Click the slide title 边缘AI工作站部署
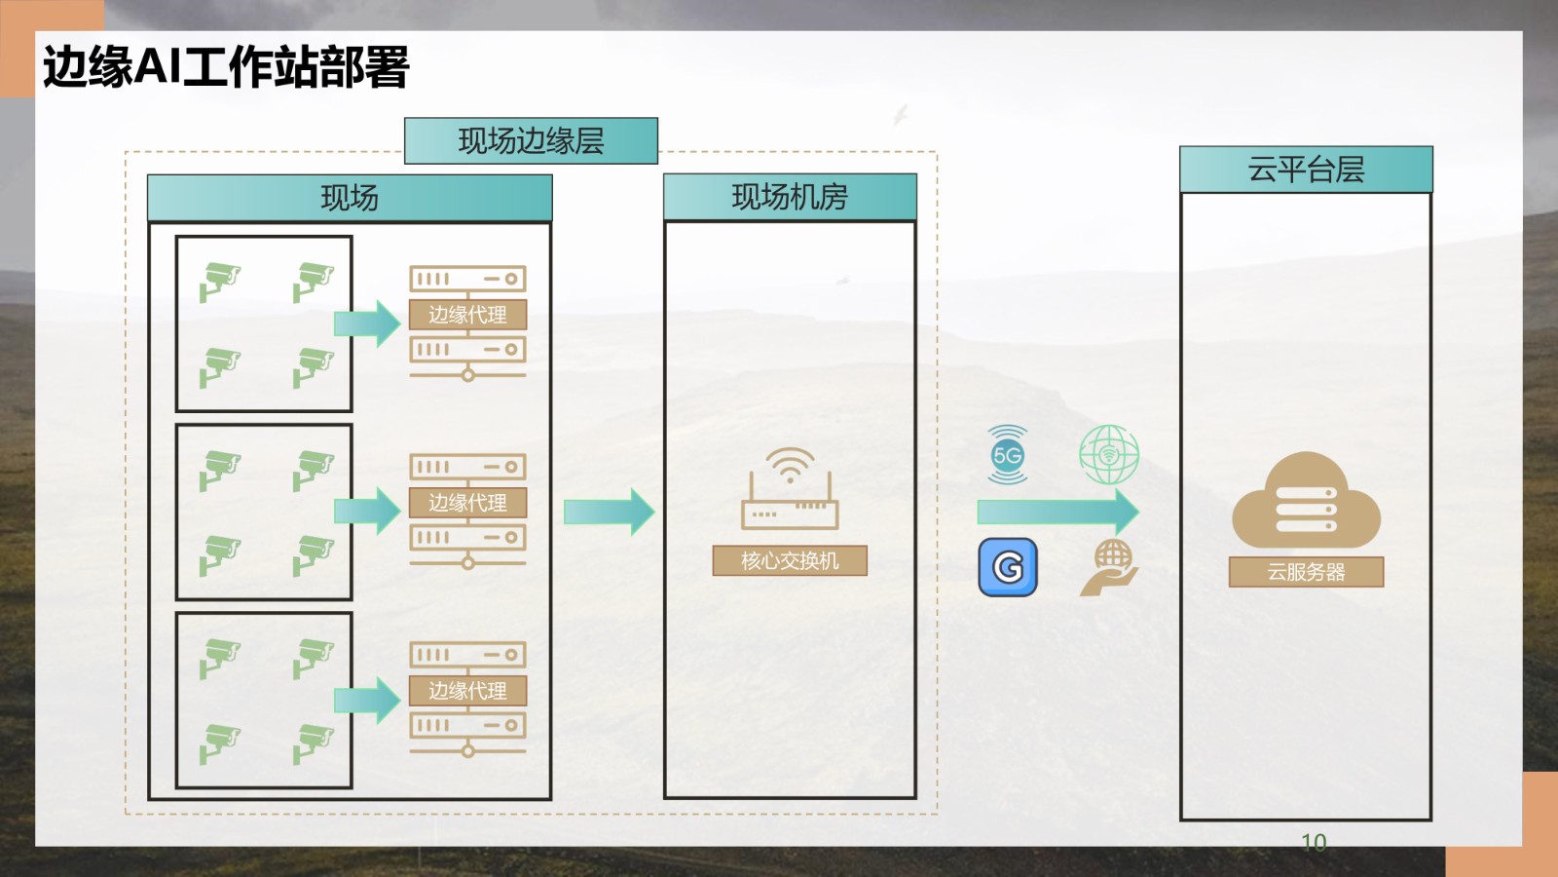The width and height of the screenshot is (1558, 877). click(226, 68)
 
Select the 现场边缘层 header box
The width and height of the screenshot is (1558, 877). click(531, 141)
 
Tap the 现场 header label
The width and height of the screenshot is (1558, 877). click(350, 199)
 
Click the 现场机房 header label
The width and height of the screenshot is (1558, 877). click(790, 198)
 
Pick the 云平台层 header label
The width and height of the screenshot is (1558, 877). click(1306, 171)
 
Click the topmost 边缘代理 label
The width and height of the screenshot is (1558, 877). click(467, 315)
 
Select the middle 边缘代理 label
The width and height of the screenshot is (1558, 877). click(467, 503)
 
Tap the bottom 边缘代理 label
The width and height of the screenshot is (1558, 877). click(467, 691)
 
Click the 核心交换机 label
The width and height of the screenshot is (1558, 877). click(790, 561)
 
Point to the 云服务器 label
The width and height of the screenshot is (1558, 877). click(1306, 572)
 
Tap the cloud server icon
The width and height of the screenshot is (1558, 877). click(1306, 500)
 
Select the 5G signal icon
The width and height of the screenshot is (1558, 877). click(1008, 454)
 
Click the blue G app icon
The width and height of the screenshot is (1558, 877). click(1008, 566)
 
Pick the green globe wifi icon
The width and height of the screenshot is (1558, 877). click(1109, 454)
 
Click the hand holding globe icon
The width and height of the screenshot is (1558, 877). click(1109, 567)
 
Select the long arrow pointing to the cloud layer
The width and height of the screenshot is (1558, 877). click(1058, 512)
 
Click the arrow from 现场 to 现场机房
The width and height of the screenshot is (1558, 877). click(610, 512)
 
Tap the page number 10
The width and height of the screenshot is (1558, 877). click(1314, 842)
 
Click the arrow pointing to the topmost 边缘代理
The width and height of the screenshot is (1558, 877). click(367, 324)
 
